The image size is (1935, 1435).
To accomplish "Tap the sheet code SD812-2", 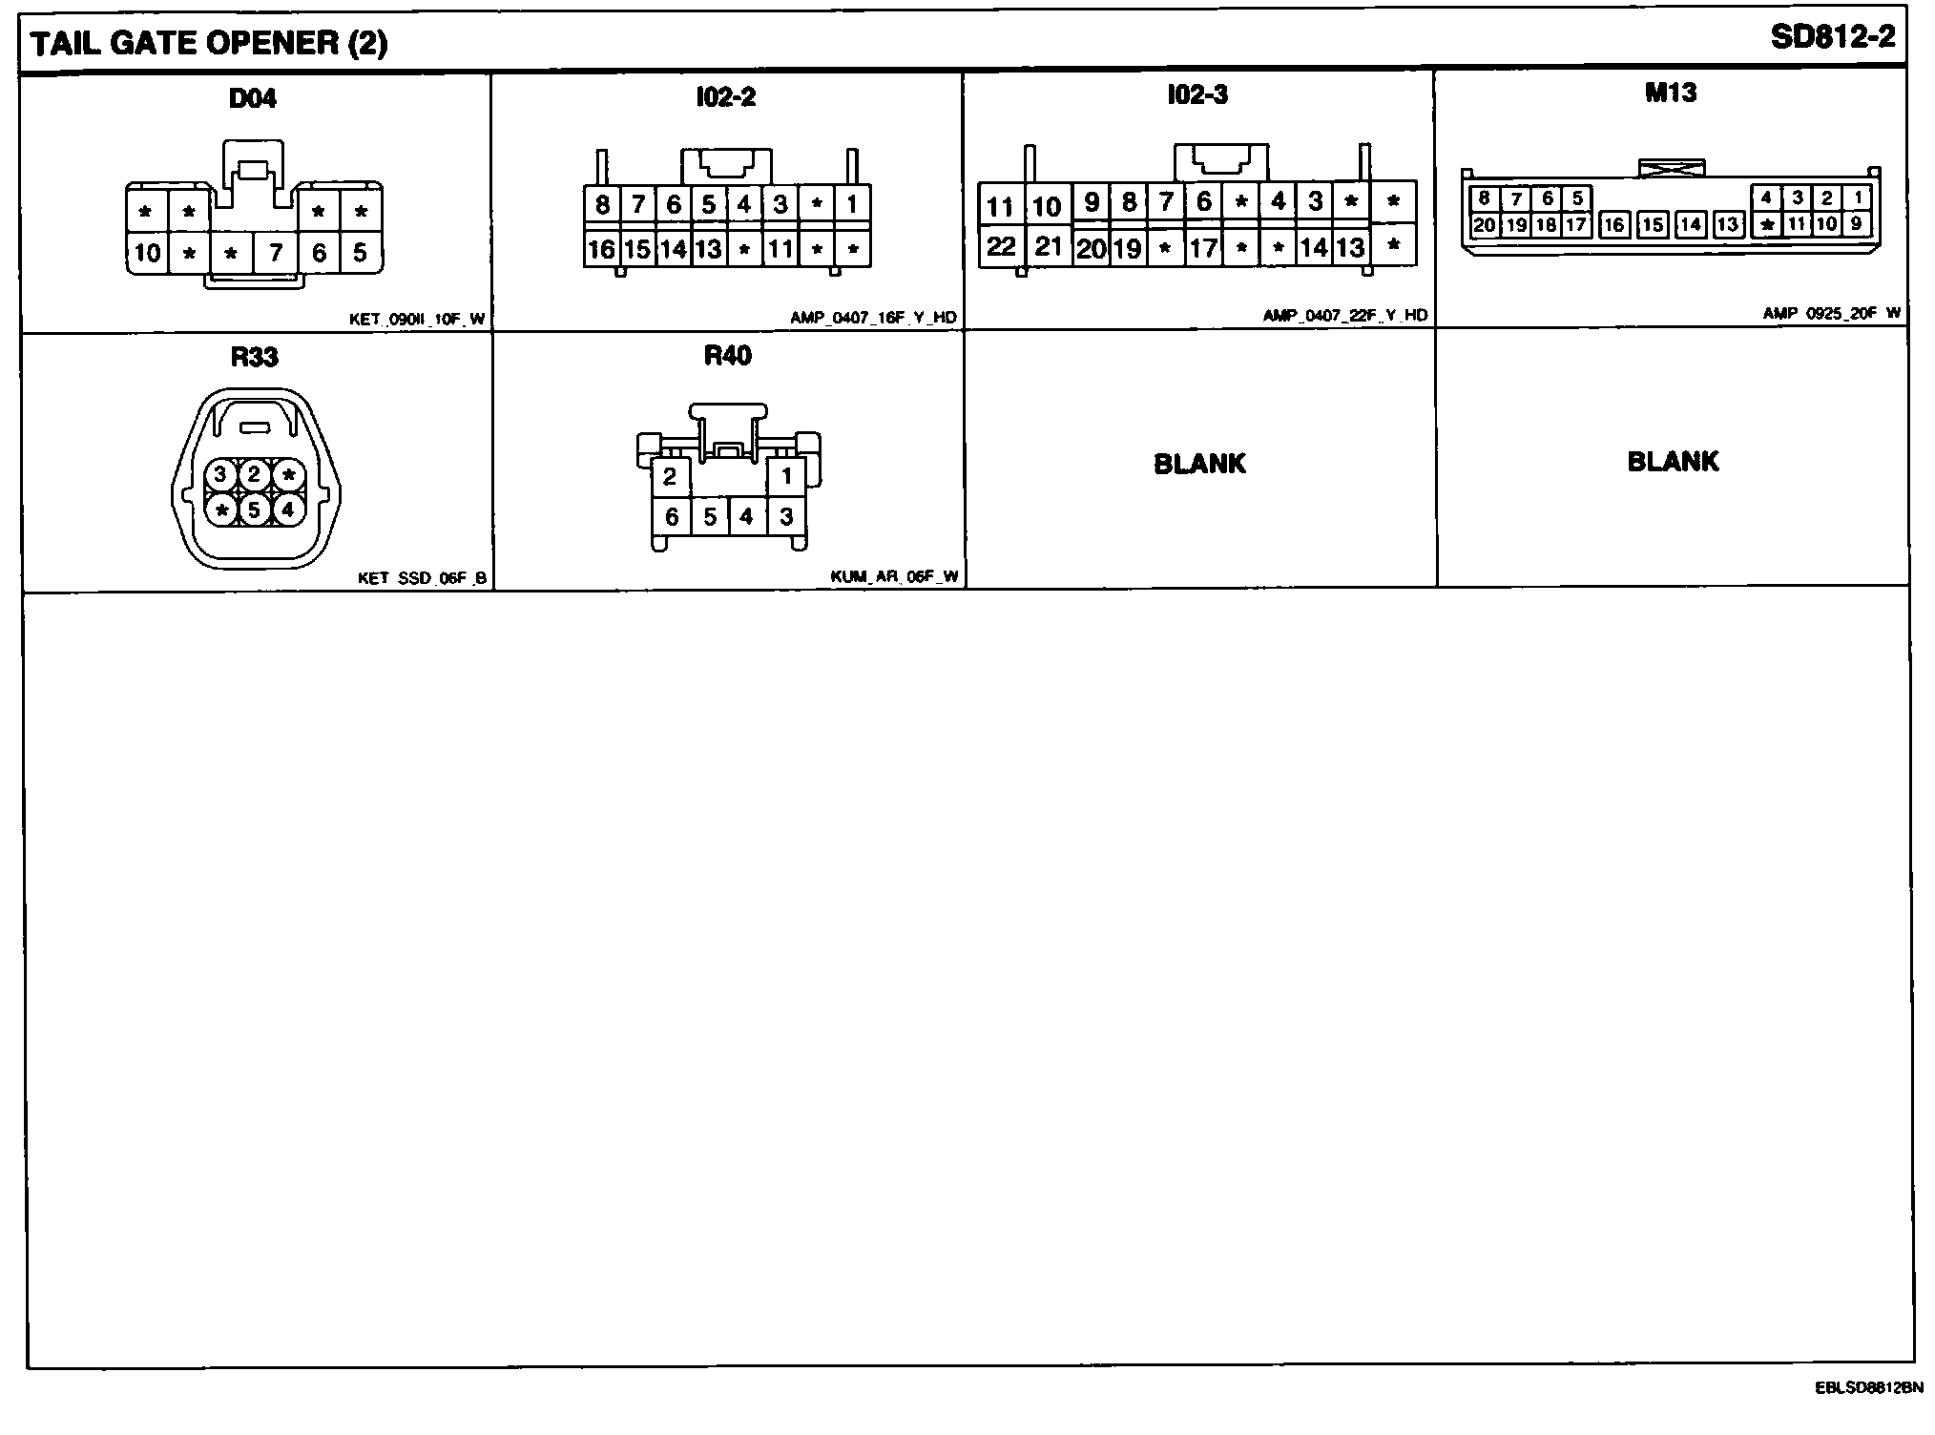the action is tap(1832, 38).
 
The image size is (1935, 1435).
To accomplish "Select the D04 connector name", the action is tap(253, 98).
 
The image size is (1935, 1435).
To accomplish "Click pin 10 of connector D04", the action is tap(147, 253).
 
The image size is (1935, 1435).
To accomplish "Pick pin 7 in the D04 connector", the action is tap(276, 253).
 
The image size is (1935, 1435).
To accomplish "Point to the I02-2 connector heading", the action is tap(725, 97).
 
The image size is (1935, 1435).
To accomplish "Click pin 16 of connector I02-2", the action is tap(601, 249).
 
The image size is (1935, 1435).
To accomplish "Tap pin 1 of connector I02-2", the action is tap(852, 203).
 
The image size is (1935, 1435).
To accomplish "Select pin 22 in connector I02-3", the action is tap(1001, 247).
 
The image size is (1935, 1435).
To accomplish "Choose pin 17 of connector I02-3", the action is tap(1203, 248).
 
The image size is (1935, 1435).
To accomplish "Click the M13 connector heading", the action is tap(1670, 94).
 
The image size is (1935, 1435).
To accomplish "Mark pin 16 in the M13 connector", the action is tap(1613, 225).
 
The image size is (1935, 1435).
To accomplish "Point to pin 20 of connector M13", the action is tap(1484, 225).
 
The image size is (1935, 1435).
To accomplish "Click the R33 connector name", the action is tap(254, 357).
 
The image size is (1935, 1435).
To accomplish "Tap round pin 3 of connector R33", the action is tap(220, 474).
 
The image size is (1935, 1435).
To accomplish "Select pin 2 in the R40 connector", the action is tap(670, 476).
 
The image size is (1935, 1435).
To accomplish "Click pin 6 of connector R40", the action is tap(672, 517).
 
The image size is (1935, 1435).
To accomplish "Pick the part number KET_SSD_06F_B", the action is tap(422, 578).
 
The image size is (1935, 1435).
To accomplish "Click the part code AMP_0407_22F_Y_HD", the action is tap(1345, 316).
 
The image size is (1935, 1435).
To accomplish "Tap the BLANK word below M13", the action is tap(1673, 462).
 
